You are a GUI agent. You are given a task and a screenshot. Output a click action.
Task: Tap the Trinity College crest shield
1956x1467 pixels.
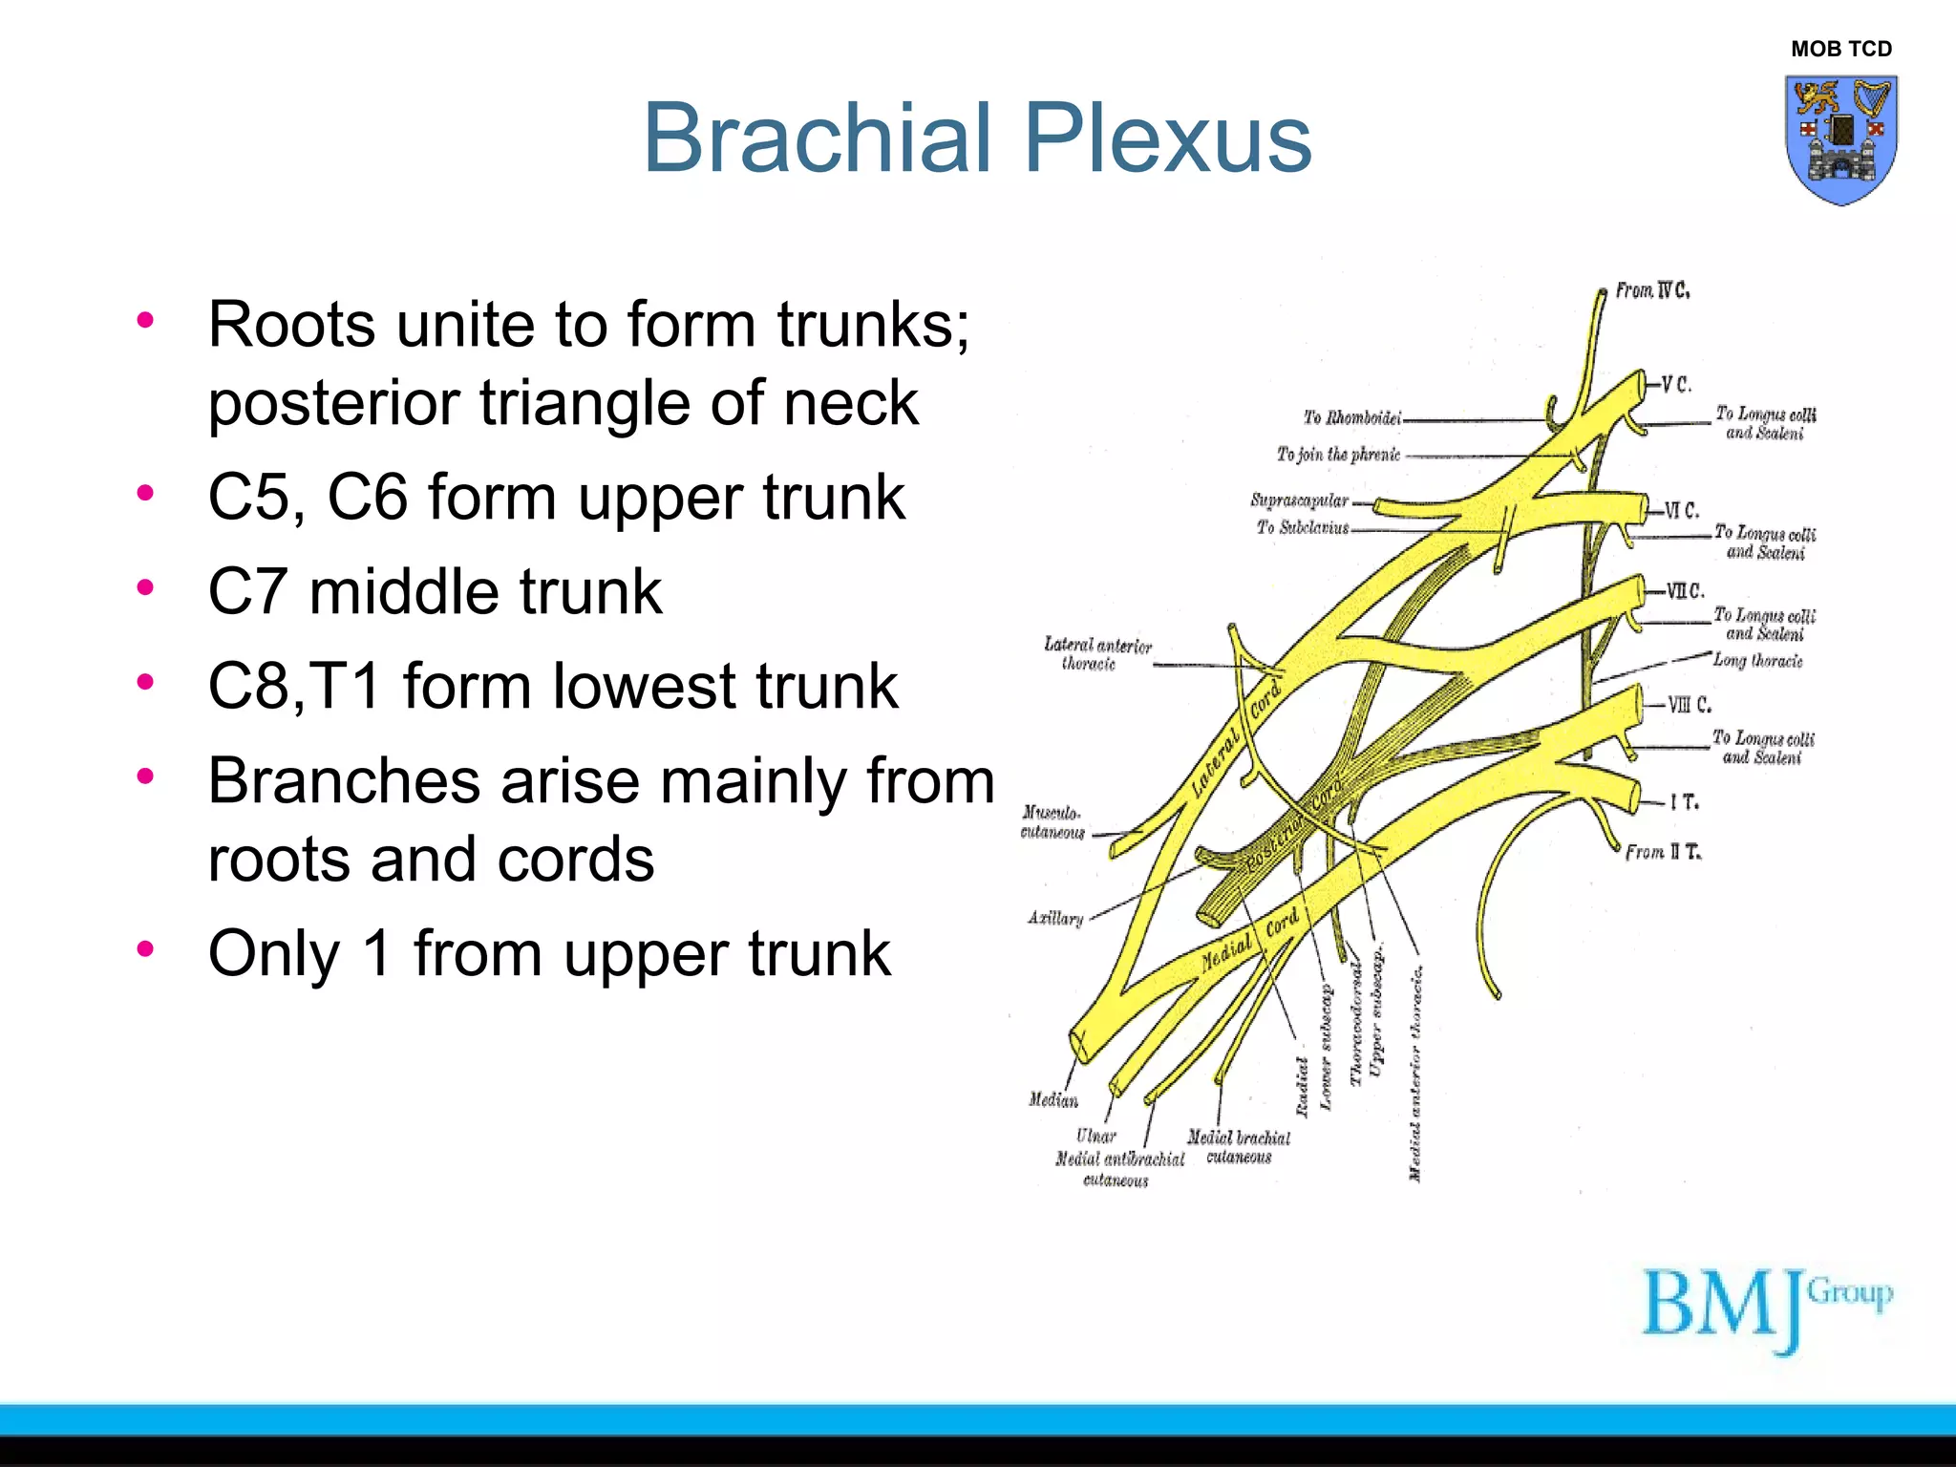tap(1840, 139)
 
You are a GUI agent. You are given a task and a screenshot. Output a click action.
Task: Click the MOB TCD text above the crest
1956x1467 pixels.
tap(1840, 49)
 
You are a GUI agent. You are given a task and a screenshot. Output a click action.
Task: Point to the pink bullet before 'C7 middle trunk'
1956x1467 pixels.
tap(145, 586)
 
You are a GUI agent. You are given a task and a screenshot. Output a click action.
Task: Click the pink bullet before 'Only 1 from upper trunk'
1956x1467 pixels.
tap(145, 948)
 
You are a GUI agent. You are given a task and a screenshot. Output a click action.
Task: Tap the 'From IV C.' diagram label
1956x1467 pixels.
tap(1652, 290)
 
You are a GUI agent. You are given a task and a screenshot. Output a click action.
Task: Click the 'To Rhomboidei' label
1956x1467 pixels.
tap(1351, 417)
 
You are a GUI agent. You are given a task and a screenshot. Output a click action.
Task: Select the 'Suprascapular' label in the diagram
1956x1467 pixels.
tap(1299, 500)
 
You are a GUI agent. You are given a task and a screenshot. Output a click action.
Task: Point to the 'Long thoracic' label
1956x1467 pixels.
tap(1757, 660)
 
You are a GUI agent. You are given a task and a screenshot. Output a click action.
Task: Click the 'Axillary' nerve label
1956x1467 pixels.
tap(1055, 918)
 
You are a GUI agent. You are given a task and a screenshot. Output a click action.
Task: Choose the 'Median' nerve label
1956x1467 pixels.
tap(1053, 1100)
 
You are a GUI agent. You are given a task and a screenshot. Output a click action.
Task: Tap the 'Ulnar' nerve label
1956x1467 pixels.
tap(1095, 1136)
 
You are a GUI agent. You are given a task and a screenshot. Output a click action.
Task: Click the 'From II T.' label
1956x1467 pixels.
tap(1663, 852)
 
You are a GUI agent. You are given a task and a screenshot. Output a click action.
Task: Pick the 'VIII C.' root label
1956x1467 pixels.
tap(1689, 705)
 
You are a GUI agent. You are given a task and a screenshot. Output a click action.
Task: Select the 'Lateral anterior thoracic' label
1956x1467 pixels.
tap(1097, 654)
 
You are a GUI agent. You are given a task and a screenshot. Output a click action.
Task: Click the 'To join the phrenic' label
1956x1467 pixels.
tap(1338, 455)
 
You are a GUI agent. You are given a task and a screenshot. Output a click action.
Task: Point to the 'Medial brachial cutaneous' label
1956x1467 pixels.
tap(1239, 1147)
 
